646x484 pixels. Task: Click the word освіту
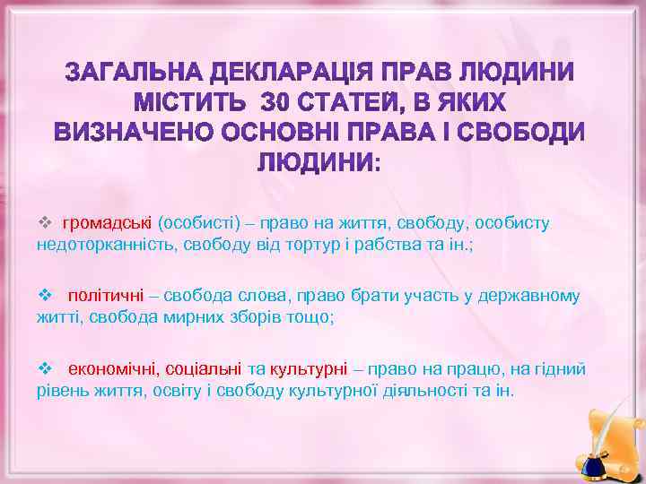[202, 391]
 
